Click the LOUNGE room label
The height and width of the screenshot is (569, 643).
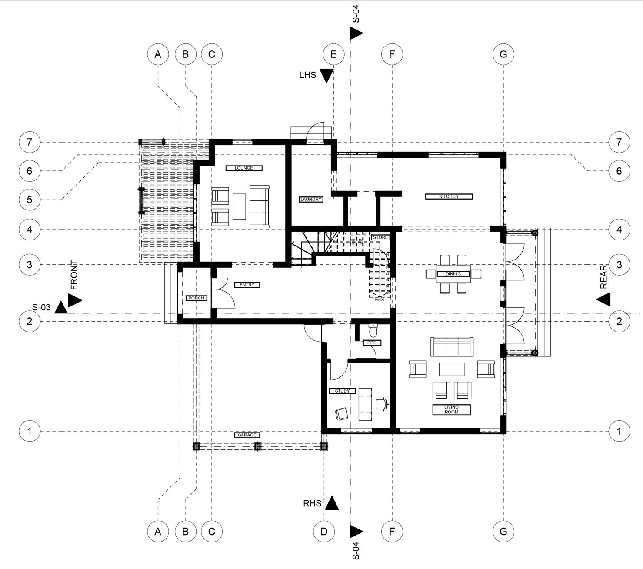coord(243,168)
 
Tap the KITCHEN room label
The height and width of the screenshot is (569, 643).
coord(449,196)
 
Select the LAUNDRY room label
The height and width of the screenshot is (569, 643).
coord(311,200)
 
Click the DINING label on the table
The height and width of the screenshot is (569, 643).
coord(453,274)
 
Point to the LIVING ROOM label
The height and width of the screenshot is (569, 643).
coord(451,409)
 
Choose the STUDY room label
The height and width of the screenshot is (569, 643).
coord(342,391)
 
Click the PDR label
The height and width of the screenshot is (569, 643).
coord(372,343)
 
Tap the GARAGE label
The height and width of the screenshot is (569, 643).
coord(247,435)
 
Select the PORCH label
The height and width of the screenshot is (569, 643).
coord(196,298)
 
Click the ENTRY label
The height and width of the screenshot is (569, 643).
coord(247,285)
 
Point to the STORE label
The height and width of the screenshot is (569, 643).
coord(380,237)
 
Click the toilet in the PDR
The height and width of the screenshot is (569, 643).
coord(373,330)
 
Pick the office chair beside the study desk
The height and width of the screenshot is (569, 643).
coord(382,403)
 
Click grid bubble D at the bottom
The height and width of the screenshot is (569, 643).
coord(324,531)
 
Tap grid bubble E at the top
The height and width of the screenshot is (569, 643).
coord(333,54)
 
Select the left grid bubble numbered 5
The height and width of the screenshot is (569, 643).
coord(30,200)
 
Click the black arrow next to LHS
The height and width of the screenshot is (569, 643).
coord(326,76)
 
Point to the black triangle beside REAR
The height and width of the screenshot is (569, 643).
coord(603,299)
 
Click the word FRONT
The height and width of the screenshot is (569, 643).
coord(74,275)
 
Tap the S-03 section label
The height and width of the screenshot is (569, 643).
coord(41,307)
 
